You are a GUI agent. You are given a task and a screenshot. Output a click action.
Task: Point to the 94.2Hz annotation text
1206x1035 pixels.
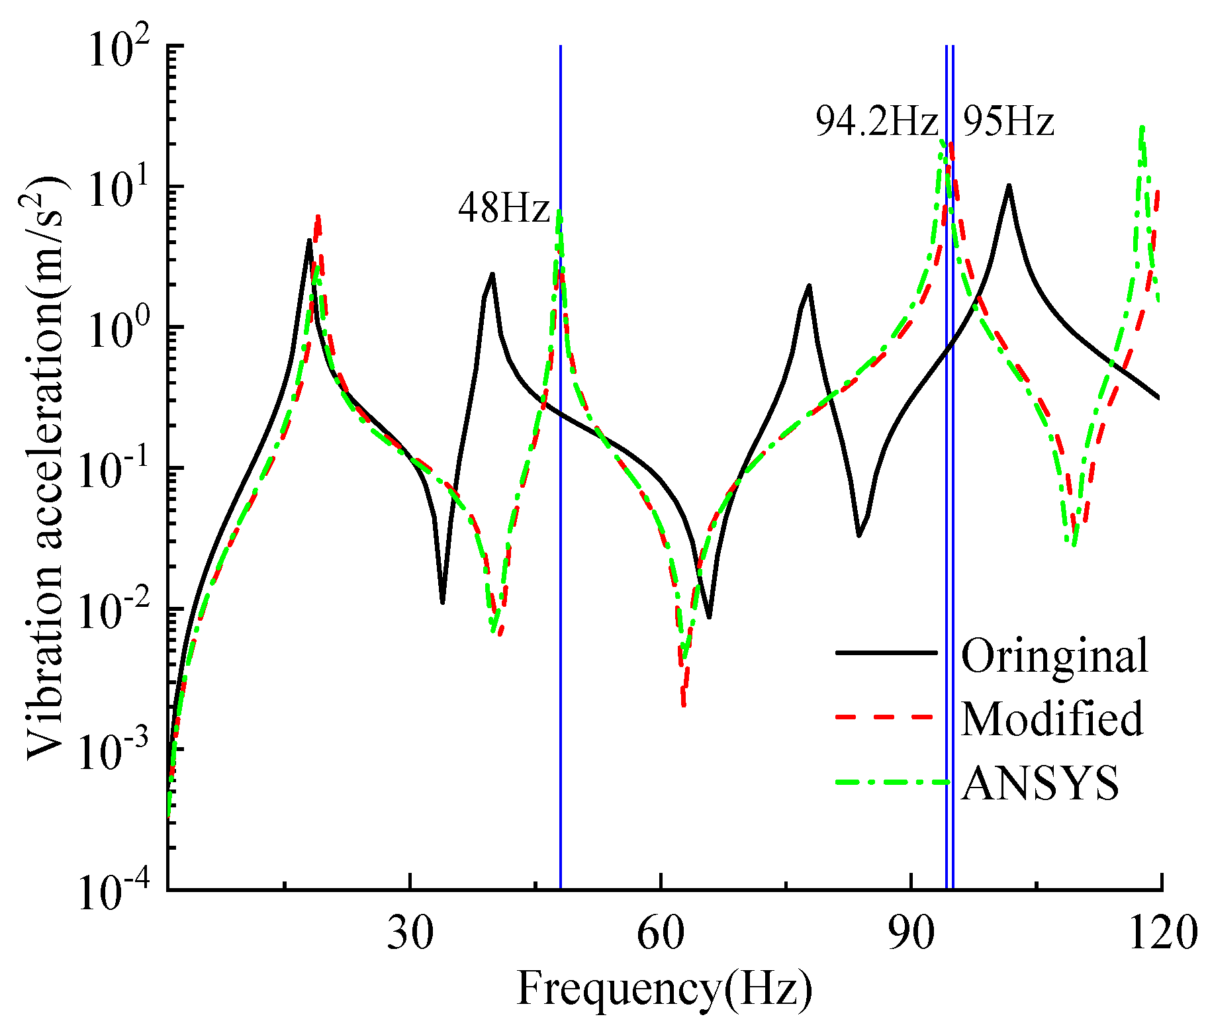point(876,122)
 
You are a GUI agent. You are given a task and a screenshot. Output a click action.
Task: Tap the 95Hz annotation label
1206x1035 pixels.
point(1007,122)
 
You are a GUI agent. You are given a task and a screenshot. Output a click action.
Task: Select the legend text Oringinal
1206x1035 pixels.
point(1054,656)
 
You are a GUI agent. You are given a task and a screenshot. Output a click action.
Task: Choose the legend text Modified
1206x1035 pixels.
point(1052,719)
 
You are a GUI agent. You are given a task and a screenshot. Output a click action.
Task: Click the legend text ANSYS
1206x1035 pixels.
point(1040,783)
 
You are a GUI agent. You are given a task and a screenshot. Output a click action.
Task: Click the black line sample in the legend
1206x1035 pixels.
point(886,652)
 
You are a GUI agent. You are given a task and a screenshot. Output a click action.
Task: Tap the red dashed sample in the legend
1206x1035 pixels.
point(886,717)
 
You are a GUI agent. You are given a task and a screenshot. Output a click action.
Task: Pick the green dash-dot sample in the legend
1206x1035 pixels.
point(886,782)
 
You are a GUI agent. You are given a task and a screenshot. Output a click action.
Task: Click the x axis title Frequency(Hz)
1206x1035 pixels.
point(664,990)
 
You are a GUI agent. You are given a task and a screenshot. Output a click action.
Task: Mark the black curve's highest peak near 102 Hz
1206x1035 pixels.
point(1009,186)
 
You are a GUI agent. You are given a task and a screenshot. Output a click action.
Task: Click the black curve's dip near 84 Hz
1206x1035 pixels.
point(858,535)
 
